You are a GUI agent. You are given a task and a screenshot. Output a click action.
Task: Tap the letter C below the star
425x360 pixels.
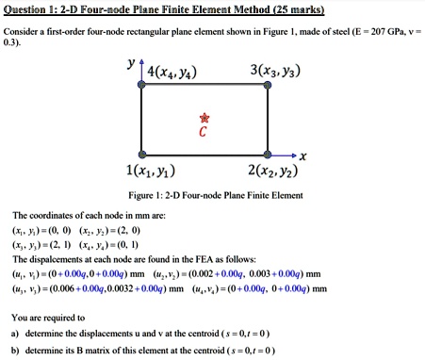[201, 133]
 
